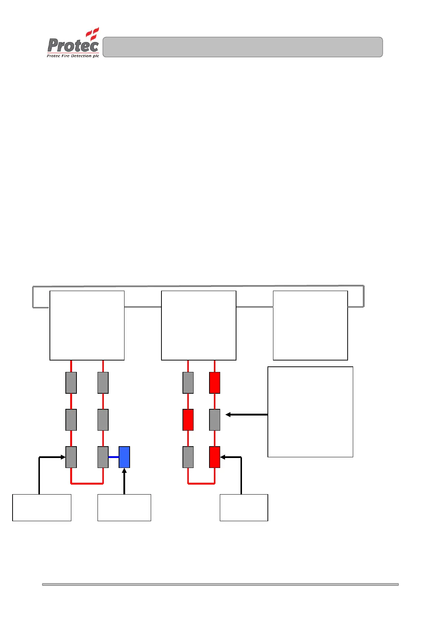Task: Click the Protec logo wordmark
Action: click(x=73, y=45)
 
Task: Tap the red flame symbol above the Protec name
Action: click(x=93, y=33)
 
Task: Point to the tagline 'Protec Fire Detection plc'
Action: click(x=73, y=56)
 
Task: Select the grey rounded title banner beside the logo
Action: click(x=242, y=47)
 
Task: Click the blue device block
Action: click(x=124, y=457)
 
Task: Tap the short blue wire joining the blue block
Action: click(x=113, y=457)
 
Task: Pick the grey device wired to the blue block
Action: click(x=103, y=457)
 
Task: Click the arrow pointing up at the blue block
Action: click(x=124, y=480)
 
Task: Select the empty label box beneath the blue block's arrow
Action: click(x=124, y=507)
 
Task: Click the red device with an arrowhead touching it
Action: click(x=215, y=457)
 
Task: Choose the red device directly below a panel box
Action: click(x=215, y=383)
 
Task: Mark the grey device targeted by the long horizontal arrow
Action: click(x=215, y=420)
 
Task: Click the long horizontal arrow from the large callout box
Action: click(x=246, y=415)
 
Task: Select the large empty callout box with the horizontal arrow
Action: click(x=310, y=412)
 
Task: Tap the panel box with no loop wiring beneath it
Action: click(x=310, y=325)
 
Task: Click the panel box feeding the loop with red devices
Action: click(x=198, y=325)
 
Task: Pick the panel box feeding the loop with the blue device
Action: click(x=87, y=325)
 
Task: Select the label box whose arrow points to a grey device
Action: click(x=42, y=507)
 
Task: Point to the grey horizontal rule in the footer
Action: click(x=220, y=584)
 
